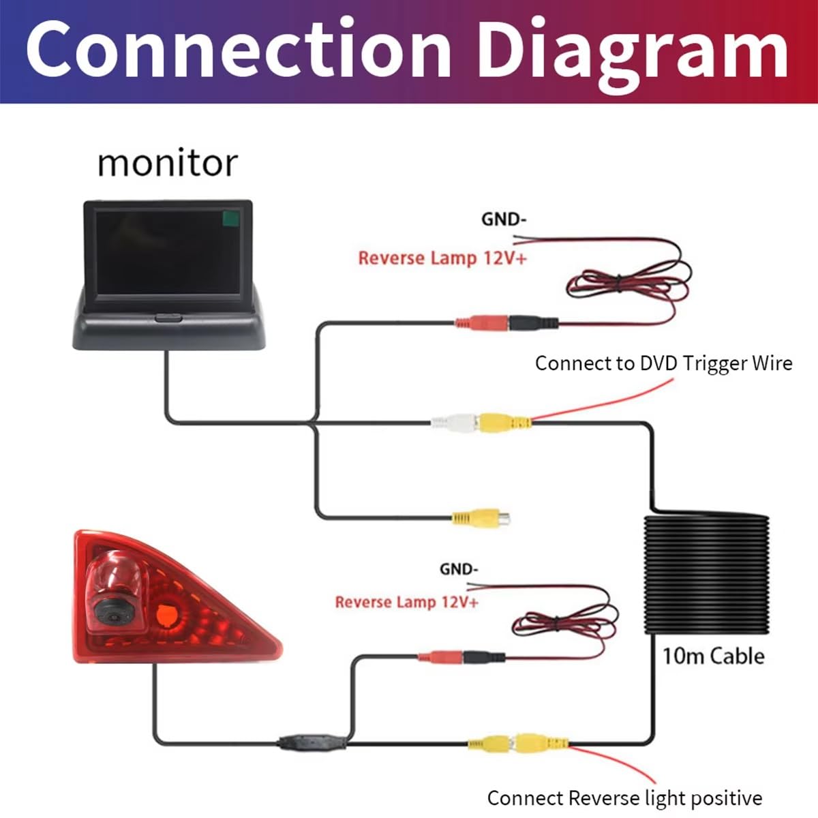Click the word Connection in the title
(x=238, y=49)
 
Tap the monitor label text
(x=167, y=163)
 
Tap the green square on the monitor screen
(x=231, y=218)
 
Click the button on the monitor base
(x=168, y=318)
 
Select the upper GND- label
(x=504, y=219)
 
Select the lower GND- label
(x=459, y=569)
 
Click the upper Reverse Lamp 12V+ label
(x=442, y=258)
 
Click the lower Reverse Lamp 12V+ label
(x=407, y=602)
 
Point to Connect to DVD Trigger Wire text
(x=663, y=363)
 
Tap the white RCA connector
(x=454, y=423)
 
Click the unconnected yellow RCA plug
(x=481, y=517)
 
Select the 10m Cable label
(x=713, y=656)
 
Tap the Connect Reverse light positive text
(x=624, y=798)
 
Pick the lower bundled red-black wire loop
(x=564, y=624)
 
